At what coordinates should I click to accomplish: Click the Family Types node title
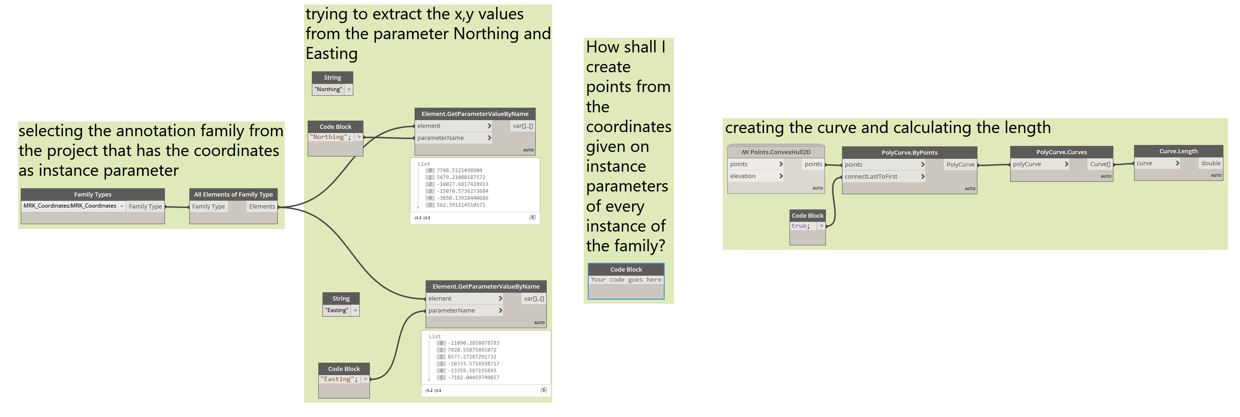(x=93, y=194)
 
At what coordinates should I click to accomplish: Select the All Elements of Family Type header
(x=234, y=194)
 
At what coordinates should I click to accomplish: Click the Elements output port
(x=262, y=206)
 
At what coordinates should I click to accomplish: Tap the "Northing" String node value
(x=328, y=89)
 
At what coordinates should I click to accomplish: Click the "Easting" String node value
(x=336, y=310)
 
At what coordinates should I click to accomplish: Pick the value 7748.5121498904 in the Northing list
(x=459, y=170)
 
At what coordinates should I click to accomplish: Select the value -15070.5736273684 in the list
(x=462, y=191)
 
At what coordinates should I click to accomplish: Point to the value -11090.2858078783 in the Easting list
(x=473, y=343)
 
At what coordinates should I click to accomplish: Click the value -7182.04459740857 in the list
(x=473, y=377)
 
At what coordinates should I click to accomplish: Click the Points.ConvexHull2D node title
(x=776, y=152)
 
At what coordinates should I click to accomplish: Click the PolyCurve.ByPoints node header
(x=909, y=152)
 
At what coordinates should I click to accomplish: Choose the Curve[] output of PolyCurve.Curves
(x=1100, y=164)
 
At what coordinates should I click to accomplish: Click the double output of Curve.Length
(x=1210, y=163)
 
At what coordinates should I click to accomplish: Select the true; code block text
(x=801, y=226)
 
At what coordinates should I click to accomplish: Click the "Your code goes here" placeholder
(x=626, y=279)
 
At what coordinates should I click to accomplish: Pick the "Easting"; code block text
(x=339, y=379)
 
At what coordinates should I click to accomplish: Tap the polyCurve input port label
(x=1027, y=164)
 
